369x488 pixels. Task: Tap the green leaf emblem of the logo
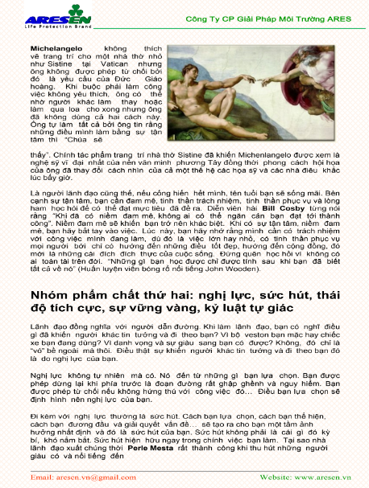click(x=77, y=14)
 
